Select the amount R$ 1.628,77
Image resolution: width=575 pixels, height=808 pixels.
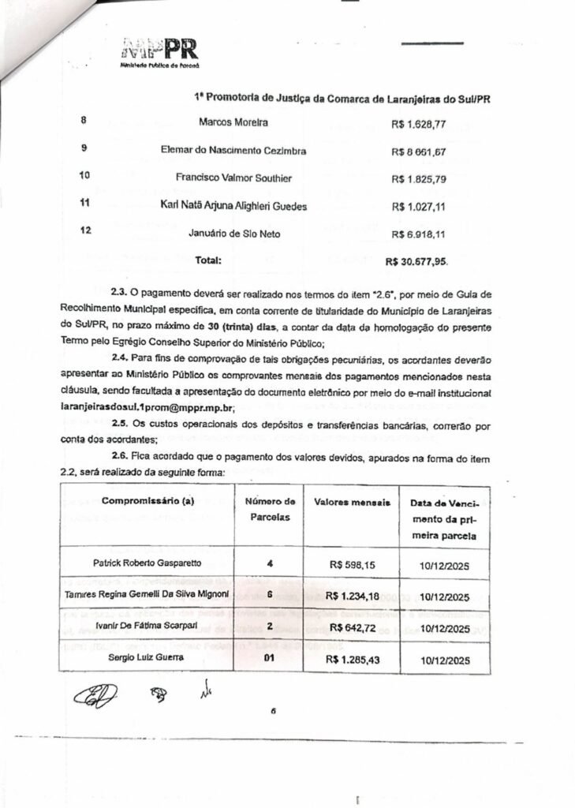pos(419,124)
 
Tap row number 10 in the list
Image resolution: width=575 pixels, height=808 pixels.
pos(88,176)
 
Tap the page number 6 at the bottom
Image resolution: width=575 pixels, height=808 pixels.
pos(272,711)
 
